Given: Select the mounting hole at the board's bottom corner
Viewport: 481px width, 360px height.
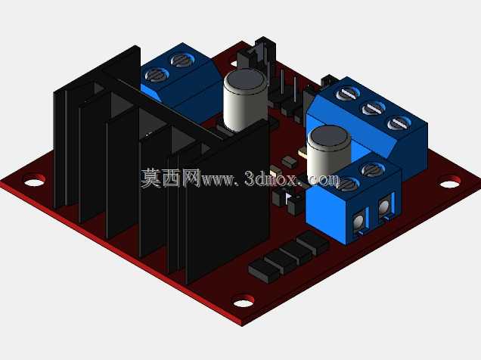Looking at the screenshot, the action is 244,301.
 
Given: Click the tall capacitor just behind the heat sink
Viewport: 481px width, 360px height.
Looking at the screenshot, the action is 245,100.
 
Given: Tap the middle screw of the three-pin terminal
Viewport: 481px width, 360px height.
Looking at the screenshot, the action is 374,109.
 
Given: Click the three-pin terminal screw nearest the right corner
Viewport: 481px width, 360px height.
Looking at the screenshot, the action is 399,123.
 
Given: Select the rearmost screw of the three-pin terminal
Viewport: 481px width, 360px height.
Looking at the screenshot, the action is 348,94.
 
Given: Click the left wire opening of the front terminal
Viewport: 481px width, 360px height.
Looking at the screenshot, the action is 359,220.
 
